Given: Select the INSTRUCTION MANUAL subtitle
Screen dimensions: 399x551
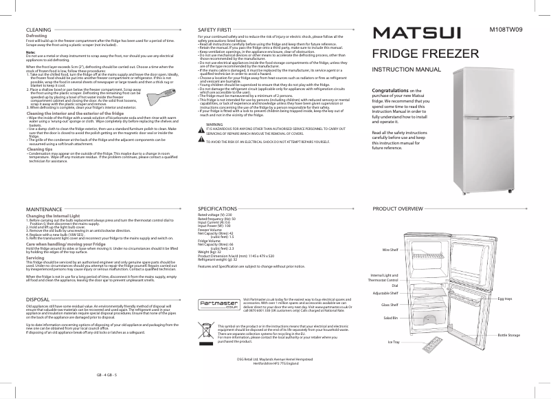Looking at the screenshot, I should coord(406,70).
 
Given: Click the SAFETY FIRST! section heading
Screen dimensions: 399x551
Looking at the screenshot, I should coord(214,31).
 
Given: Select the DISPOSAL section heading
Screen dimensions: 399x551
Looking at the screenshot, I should coord(37,301).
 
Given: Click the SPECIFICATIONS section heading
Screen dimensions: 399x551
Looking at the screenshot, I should coord(219,207).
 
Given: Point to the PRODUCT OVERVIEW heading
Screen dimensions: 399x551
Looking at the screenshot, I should coord(398,207).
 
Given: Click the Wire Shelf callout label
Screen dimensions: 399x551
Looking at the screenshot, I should coord(390,249).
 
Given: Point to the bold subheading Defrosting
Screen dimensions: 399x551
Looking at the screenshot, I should coord(36,37).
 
